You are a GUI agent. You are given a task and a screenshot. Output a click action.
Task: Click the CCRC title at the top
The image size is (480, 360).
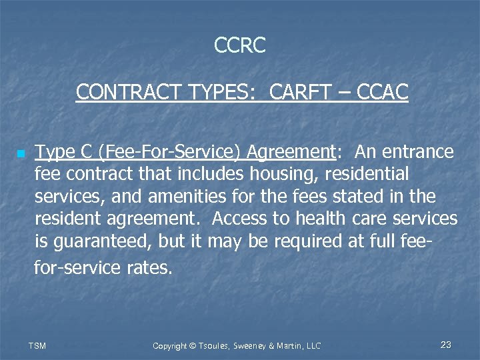(x=240, y=45)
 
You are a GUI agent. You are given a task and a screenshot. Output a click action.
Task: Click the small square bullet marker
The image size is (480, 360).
(x=21, y=154)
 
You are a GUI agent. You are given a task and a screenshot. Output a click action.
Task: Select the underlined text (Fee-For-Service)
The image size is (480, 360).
(x=169, y=152)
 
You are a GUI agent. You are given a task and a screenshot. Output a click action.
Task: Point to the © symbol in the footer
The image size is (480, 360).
(x=193, y=345)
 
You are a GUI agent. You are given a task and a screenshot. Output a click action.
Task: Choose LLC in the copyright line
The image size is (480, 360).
(x=313, y=345)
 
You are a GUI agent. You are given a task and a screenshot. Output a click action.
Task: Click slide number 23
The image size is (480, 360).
(x=446, y=345)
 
